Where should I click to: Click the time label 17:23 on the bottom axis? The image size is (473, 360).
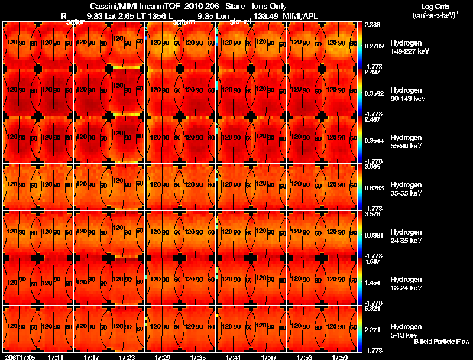[127, 357]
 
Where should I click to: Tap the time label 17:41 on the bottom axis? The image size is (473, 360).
[233, 357]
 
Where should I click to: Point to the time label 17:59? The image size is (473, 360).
[339, 357]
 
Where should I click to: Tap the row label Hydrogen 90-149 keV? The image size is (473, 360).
[407, 95]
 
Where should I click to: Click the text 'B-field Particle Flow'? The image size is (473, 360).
[442, 342]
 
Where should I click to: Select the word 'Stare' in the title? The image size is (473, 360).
[235, 6]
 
